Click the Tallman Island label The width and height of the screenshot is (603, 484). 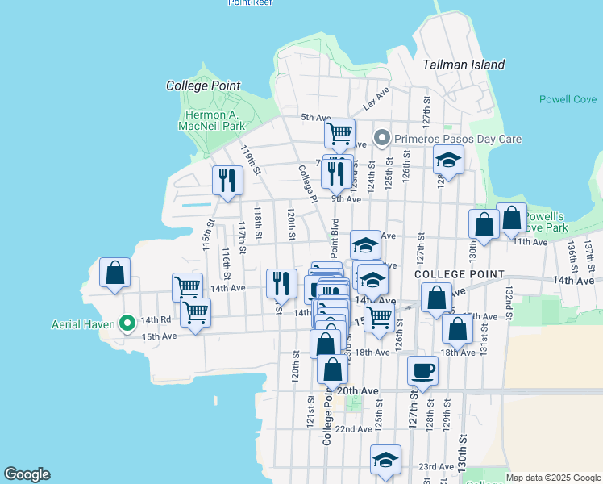point(464,65)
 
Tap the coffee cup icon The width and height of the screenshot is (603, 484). point(423,371)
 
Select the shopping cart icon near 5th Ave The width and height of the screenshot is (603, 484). point(339,133)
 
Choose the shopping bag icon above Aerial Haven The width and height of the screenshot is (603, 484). point(115,272)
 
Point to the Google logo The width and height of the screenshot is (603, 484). point(27,474)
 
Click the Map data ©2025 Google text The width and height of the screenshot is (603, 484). point(553,478)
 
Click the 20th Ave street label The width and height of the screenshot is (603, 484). point(357,391)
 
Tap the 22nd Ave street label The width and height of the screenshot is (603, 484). point(354,429)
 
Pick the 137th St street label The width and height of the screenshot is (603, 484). point(589,249)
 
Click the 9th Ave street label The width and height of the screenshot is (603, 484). point(346,199)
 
